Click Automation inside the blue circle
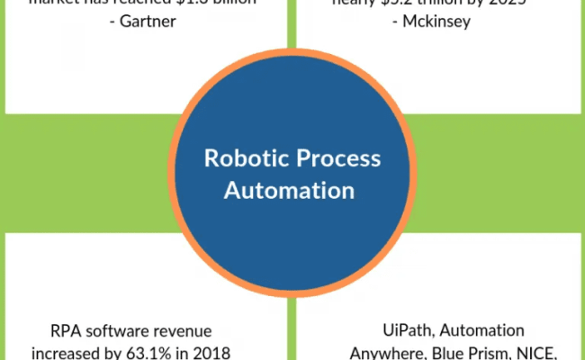coord(289,191)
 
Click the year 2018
coord(214,351)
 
